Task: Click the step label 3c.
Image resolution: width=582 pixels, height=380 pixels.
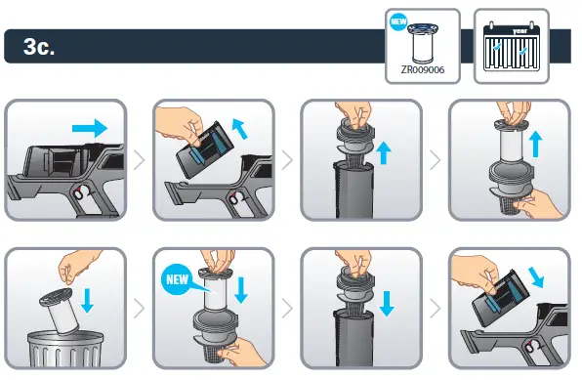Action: (x=39, y=47)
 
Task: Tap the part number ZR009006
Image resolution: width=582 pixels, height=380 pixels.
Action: (x=423, y=69)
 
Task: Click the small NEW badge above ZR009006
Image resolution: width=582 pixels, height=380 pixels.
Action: (x=398, y=21)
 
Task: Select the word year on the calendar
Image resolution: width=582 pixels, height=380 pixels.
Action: (x=520, y=31)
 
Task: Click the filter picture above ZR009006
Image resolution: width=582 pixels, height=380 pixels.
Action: (x=423, y=44)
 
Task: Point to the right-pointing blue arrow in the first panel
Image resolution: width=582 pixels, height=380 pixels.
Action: (x=90, y=129)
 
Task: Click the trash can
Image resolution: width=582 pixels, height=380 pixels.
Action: (x=65, y=350)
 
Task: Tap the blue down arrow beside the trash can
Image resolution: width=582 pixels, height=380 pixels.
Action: (x=88, y=301)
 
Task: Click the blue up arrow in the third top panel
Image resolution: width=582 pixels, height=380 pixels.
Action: (x=384, y=153)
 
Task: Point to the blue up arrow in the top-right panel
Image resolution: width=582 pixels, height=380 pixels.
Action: (x=535, y=145)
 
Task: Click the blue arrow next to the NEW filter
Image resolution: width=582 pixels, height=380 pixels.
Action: (x=241, y=290)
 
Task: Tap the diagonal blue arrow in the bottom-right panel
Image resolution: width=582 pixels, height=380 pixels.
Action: (x=536, y=276)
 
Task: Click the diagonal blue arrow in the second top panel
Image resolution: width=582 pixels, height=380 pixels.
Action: (x=240, y=128)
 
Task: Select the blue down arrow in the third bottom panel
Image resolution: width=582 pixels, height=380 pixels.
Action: (x=387, y=304)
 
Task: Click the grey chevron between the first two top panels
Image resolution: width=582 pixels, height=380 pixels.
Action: (x=140, y=160)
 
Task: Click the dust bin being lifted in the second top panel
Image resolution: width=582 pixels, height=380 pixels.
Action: (x=204, y=148)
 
